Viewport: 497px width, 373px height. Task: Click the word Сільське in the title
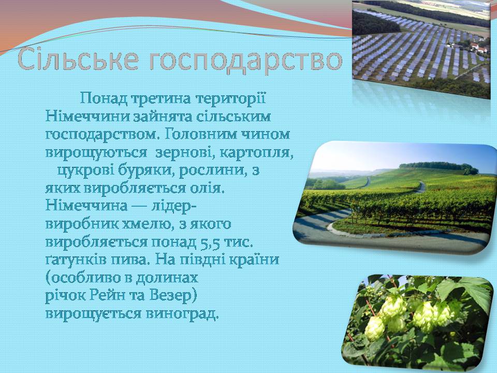(78, 59)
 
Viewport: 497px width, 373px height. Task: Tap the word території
(230, 98)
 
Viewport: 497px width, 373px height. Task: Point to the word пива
(129, 260)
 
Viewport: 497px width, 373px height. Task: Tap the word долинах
(167, 278)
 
